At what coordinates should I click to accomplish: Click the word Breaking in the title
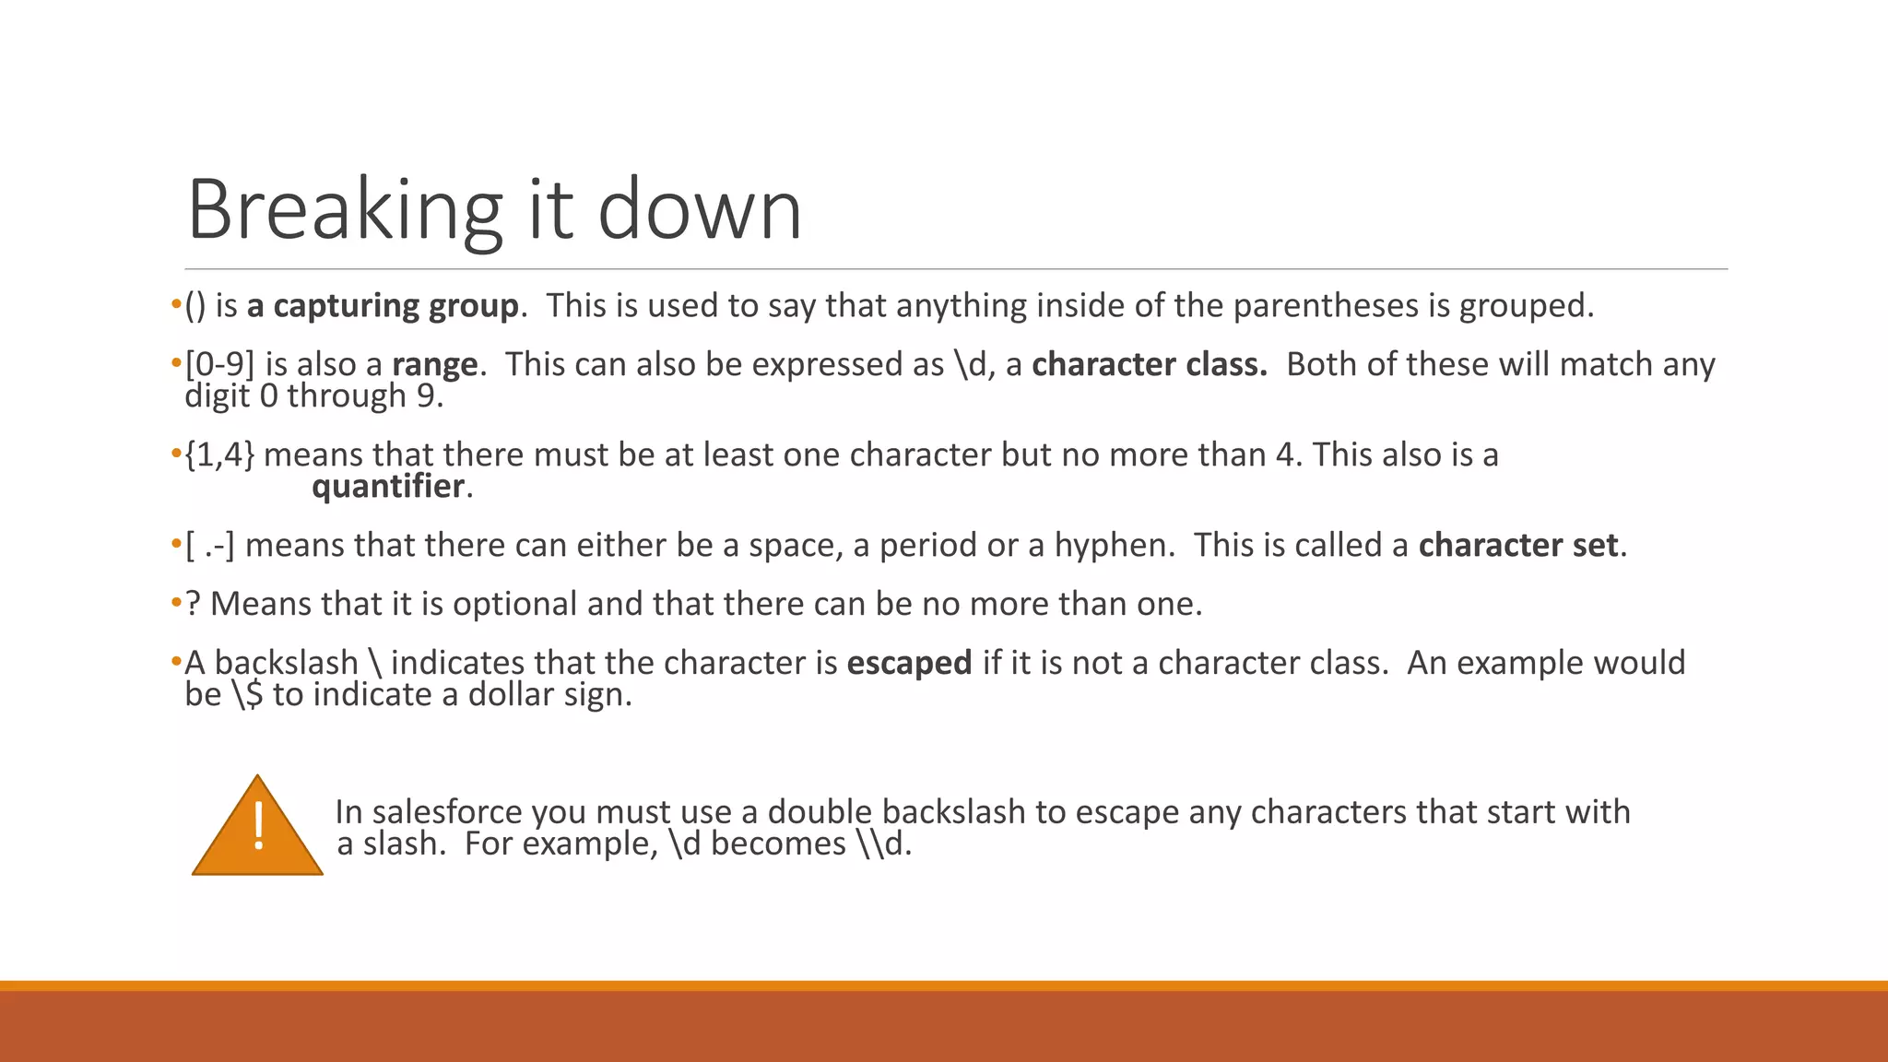point(344,210)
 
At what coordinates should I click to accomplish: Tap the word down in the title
point(700,210)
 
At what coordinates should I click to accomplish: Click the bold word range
point(434,365)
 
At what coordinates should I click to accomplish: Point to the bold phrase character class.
point(1149,365)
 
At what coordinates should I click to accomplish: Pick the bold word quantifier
point(388,487)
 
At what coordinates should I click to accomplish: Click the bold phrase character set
point(1517,546)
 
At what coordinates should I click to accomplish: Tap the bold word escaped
point(909,664)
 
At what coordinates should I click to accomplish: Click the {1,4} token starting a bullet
point(219,455)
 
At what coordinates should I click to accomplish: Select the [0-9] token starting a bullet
point(219,365)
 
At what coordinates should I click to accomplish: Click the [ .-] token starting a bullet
point(210,546)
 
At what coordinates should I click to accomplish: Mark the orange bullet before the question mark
point(176,605)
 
